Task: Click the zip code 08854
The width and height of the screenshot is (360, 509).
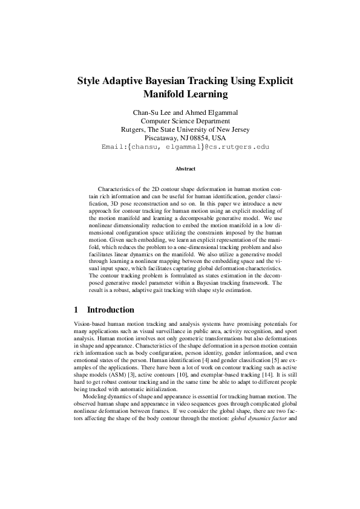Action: pos(200,138)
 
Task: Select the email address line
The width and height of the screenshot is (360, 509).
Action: pos(180,147)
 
